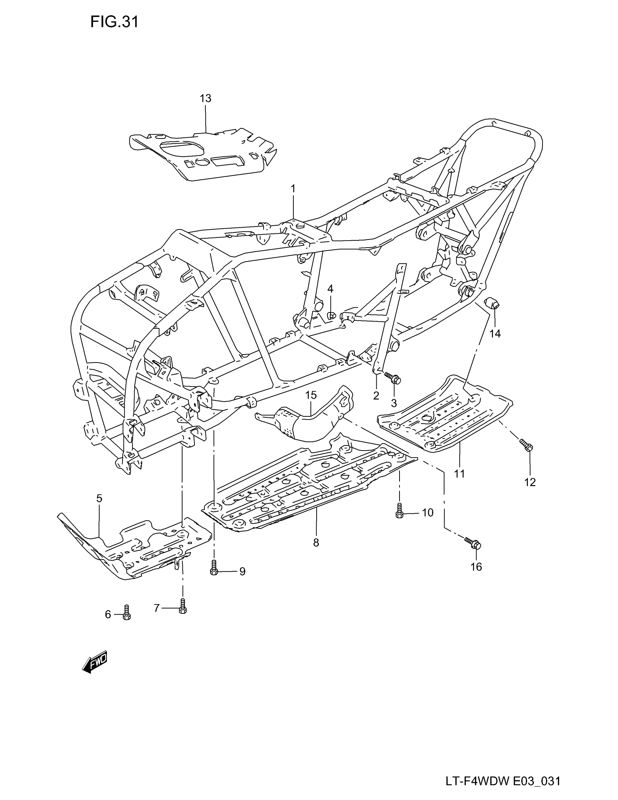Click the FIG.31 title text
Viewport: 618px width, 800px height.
pos(114,22)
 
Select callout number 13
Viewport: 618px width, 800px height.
pos(205,98)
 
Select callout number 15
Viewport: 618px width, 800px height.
pos(311,395)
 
